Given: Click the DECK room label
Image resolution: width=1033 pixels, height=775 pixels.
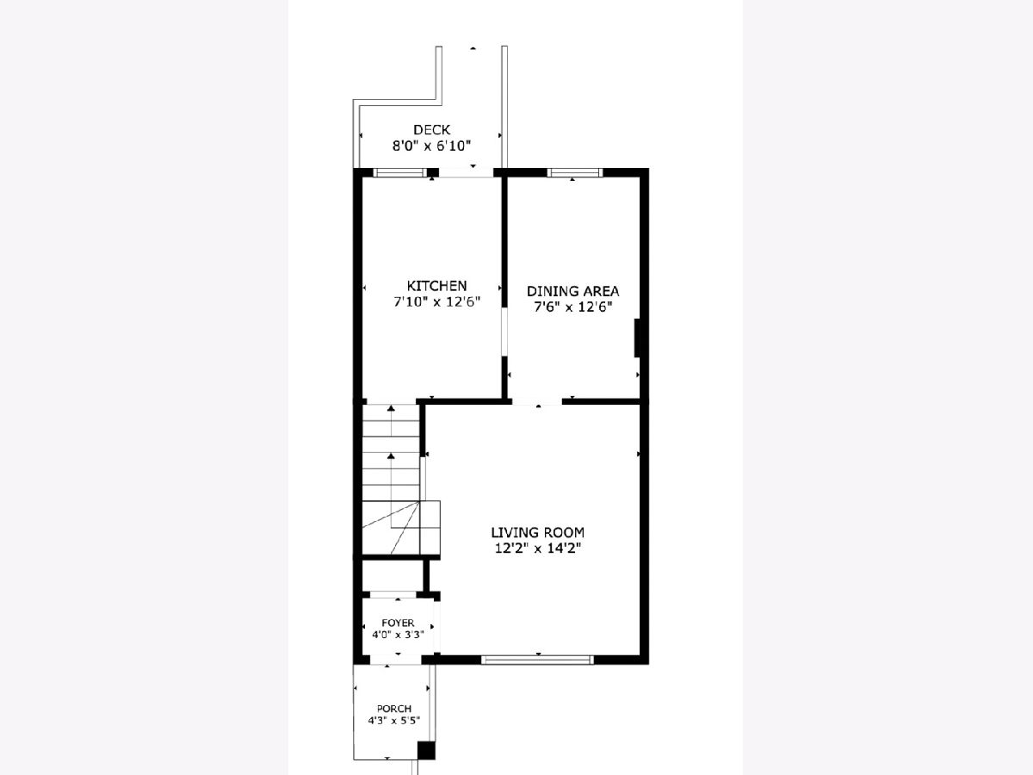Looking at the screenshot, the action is (431, 129).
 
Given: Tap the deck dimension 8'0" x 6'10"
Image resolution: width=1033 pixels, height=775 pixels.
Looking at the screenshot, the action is (431, 146).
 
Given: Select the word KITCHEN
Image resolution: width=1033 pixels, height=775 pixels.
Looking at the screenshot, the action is (436, 286).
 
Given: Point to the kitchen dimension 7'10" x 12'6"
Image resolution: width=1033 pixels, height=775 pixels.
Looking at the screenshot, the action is (436, 301).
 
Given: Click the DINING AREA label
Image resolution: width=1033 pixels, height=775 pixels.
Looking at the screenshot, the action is (572, 291).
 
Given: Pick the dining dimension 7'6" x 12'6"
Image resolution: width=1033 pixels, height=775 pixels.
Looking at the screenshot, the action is (572, 307).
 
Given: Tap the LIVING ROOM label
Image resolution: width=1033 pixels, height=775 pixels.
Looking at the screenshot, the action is (537, 532).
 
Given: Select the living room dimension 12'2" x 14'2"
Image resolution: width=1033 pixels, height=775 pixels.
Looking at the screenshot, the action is (537, 549).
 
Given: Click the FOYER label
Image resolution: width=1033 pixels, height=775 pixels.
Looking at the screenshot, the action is (398, 623).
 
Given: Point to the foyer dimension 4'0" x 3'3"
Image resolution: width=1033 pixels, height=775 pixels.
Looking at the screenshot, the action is (398, 635).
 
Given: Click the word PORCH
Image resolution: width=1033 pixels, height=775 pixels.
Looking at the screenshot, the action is (394, 708).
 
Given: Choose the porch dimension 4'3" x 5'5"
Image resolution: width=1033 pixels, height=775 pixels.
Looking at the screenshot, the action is (394, 720).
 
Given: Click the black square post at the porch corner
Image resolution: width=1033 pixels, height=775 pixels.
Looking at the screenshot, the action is (426, 750).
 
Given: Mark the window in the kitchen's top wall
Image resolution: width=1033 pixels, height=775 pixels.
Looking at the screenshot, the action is (399, 173).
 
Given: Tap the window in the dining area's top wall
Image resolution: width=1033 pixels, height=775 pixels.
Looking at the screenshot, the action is (575, 173).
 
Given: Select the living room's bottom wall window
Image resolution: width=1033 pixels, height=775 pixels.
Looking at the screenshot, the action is (537, 660).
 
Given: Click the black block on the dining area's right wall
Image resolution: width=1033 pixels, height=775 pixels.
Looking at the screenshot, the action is (637, 338).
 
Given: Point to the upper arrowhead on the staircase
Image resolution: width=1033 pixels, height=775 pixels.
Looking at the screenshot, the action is (391, 409).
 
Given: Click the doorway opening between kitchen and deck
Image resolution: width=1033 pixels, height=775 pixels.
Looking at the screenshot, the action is (466, 173).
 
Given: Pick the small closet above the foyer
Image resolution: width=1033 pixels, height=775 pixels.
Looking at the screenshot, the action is (393, 576).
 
